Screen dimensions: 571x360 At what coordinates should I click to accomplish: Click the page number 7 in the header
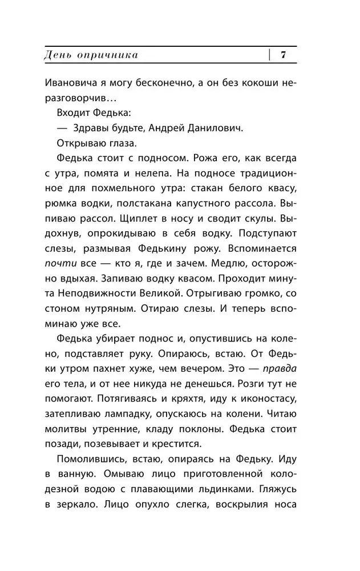pos(283,55)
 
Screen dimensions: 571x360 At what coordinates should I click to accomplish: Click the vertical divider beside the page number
pos(268,55)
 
